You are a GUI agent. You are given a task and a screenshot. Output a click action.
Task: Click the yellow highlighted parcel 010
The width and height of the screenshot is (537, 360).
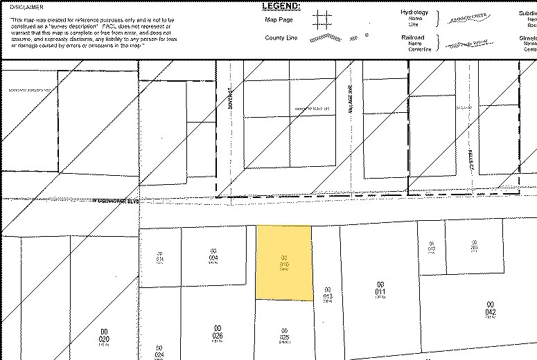(x=283, y=263)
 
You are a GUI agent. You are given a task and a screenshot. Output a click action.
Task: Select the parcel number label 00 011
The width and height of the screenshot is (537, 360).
(x=380, y=289)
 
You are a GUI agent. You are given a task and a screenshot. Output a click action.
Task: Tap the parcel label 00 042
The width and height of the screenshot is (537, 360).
(x=490, y=309)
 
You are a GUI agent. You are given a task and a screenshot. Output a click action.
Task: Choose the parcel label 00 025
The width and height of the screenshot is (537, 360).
(x=283, y=334)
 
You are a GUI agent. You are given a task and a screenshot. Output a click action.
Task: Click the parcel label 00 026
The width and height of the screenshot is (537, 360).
(x=217, y=332)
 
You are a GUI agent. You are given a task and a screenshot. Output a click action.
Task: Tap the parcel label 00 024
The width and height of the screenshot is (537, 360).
(x=159, y=351)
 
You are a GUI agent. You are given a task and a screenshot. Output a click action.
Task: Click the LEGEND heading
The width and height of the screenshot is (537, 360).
(x=281, y=6)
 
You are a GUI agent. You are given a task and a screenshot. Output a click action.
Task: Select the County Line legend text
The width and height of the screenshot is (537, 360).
(x=281, y=38)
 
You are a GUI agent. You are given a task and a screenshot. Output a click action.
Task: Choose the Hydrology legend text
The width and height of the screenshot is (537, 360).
(x=414, y=12)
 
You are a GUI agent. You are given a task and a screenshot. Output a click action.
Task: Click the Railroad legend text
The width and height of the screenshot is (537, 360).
(x=413, y=37)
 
